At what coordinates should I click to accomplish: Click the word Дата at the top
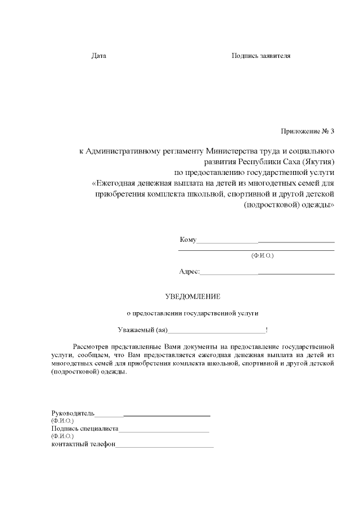click(98, 56)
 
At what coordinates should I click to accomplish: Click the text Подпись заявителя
click(261, 56)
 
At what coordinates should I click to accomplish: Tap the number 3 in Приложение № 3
click(332, 132)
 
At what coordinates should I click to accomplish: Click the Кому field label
click(187, 240)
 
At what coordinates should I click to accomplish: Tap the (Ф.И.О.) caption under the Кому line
click(262, 255)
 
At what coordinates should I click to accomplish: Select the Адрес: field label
click(189, 272)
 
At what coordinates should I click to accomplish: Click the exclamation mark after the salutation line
click(267, 330)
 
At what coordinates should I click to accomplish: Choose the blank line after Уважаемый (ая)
click(217, 331)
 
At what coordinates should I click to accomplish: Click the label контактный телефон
click(83, 444)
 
